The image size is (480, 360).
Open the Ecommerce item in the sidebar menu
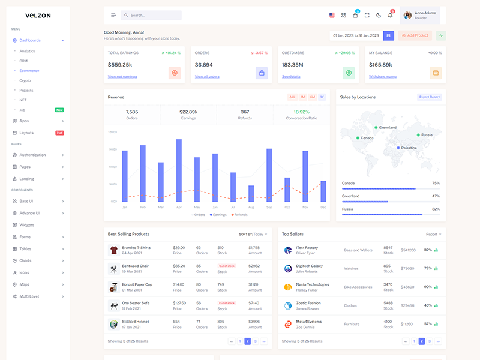pos(29,70)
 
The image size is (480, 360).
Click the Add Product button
pos(415,35)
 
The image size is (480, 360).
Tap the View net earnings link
pos(122,77)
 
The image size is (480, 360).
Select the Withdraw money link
pos(383,77)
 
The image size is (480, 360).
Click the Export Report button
pos(430,97)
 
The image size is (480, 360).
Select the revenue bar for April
pos(179,170)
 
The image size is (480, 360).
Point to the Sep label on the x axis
pos(269,207)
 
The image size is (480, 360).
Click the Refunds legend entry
pos(239,214)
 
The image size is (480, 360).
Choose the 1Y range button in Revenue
pos(322,97)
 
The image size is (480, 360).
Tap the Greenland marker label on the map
pos(387,128)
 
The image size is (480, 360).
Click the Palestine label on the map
pos(409,148)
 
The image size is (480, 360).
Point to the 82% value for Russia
pos(436,209)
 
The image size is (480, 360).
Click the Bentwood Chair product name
pos(135,266)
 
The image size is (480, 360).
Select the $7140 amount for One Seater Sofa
pos(254,303)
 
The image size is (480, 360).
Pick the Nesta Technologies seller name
pos(313,284)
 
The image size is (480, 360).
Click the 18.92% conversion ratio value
pos(302,112)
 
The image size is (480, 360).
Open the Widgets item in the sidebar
pos(27,225)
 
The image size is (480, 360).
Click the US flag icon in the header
pos(332,15)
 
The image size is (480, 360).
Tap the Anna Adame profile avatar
pos(408,15)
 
